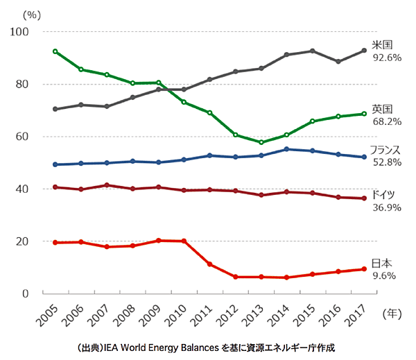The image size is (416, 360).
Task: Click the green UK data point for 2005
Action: (55, 51)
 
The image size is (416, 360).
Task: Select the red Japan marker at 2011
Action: (209, 264)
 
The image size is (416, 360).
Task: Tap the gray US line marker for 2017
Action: (364, 50)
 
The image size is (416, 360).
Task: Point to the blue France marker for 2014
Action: (287, 149)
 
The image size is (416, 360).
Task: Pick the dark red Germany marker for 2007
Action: (106, 185)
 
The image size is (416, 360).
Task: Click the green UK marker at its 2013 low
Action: (261, 142)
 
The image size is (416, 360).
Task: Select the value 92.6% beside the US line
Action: (387, 58)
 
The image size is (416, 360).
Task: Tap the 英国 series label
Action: (383, 109)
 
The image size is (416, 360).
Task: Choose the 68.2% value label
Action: (387, 121)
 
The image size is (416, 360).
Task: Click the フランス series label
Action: (387, 151)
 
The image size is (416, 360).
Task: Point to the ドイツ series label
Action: (384, 195)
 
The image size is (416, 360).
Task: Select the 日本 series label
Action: (383, 263)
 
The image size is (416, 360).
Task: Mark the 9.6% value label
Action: (385, 275)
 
